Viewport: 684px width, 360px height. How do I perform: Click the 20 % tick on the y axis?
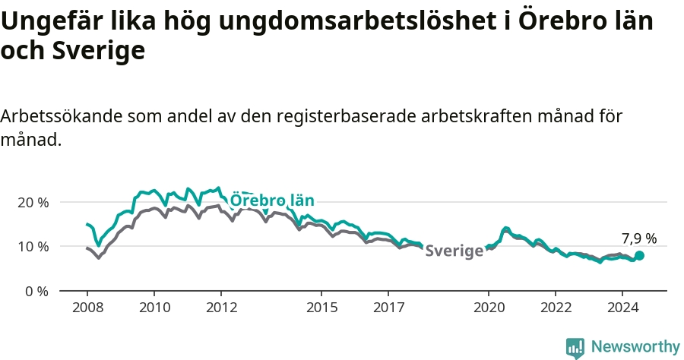[x=36, y=203]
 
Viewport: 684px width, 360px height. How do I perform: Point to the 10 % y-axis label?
[x=36, y=247]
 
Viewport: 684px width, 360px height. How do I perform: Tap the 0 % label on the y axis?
[x=36, y=291]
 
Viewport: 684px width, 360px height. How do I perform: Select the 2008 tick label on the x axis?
[x=87, y=308]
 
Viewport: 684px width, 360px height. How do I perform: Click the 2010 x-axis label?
[x=154, y=308]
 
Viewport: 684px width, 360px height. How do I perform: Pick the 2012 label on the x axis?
[x=221, y=308]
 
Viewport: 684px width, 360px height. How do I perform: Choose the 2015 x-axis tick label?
[x=322, y=308]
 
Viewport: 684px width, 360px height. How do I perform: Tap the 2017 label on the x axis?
[x=388, y=308]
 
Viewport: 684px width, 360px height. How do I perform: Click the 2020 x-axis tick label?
[x=489, y=308]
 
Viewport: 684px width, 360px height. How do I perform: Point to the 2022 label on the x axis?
[x=556, y=308]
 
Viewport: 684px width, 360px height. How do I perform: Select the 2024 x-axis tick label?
[x=622, y=308]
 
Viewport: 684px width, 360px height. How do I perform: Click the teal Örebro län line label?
[x=272, y=200]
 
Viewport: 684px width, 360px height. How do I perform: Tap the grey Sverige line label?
[x=454, y=251]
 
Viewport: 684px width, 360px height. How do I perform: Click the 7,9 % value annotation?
[x=639, y=238]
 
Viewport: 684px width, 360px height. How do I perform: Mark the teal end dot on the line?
[x=639, y=255]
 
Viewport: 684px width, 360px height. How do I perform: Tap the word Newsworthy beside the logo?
[x=635, y=347]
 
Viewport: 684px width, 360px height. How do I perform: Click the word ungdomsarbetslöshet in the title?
[x=358, y=21]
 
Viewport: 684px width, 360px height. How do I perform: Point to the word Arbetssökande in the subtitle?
[x=62, y=116]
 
